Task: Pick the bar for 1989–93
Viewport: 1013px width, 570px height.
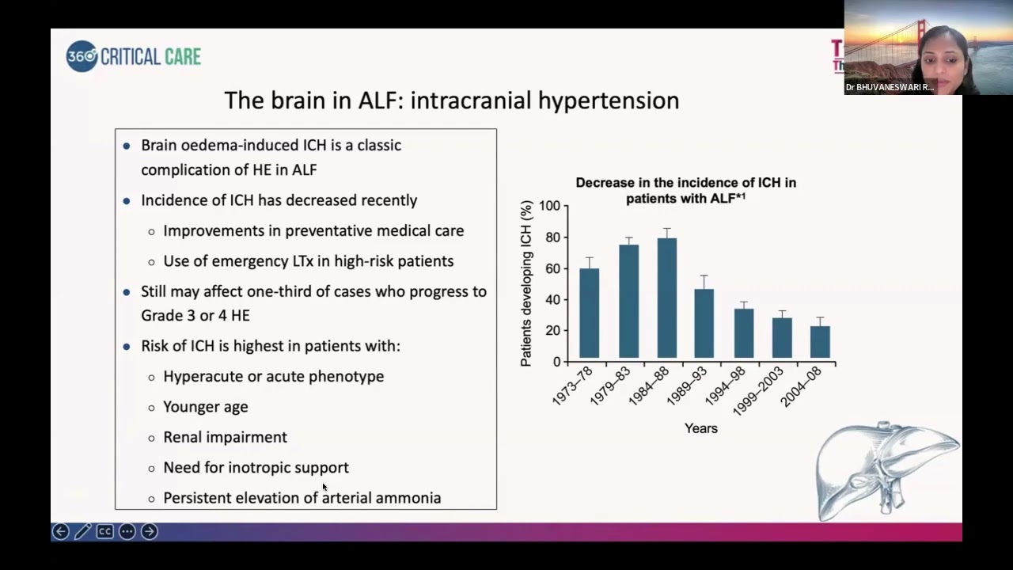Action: pos(704,324)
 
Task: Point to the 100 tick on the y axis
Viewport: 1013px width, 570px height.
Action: pos(548,207)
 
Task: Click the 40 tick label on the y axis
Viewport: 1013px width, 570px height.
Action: pos(551,300)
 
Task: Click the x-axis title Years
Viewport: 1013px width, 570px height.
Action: pos(700,428)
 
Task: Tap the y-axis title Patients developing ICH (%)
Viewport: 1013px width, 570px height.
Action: pos(526,283)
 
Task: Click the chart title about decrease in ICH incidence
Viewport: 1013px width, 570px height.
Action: pos(685,190)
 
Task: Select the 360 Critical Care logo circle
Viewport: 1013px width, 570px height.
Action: pos(82,56)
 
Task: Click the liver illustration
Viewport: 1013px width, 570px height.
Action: pos(886,471)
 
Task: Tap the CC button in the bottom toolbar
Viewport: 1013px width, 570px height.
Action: pos(104,532)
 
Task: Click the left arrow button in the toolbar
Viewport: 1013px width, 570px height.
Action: pos(60,532)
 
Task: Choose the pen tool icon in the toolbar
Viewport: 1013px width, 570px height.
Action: pos(82,532)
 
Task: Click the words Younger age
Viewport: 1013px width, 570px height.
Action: pos(205,407)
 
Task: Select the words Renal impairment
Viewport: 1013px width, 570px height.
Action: pos(225,437)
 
